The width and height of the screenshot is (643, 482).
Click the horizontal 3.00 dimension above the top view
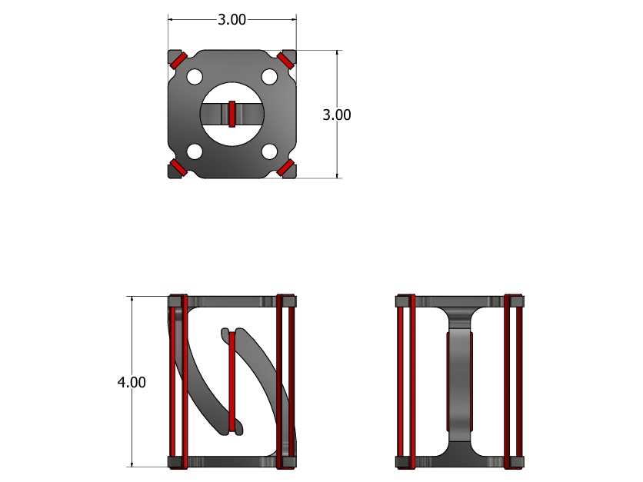click(x=232, y=19)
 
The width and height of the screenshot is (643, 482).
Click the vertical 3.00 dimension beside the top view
click(x=337, y=115)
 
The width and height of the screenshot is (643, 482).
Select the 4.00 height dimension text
click(x=132, y=382)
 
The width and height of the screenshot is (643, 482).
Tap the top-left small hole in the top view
click(x=195, y=77)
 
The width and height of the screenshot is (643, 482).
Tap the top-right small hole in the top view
click(x=269, y=77)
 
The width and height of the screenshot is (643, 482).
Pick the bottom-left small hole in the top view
click(x=195, y=151)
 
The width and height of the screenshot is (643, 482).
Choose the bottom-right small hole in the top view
click(x=269, y=151)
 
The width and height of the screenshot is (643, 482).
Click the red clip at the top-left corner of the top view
click(x=179, y=60)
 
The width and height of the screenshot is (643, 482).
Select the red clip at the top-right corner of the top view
click(x=285, y=60)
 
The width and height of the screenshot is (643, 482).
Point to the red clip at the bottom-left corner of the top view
click(x=179, y=168)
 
